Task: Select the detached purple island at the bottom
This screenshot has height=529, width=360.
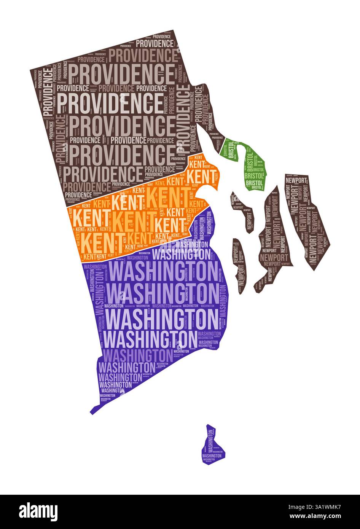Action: [x=212, y=447]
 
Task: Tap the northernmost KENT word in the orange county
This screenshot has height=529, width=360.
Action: [x=198, y=157]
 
